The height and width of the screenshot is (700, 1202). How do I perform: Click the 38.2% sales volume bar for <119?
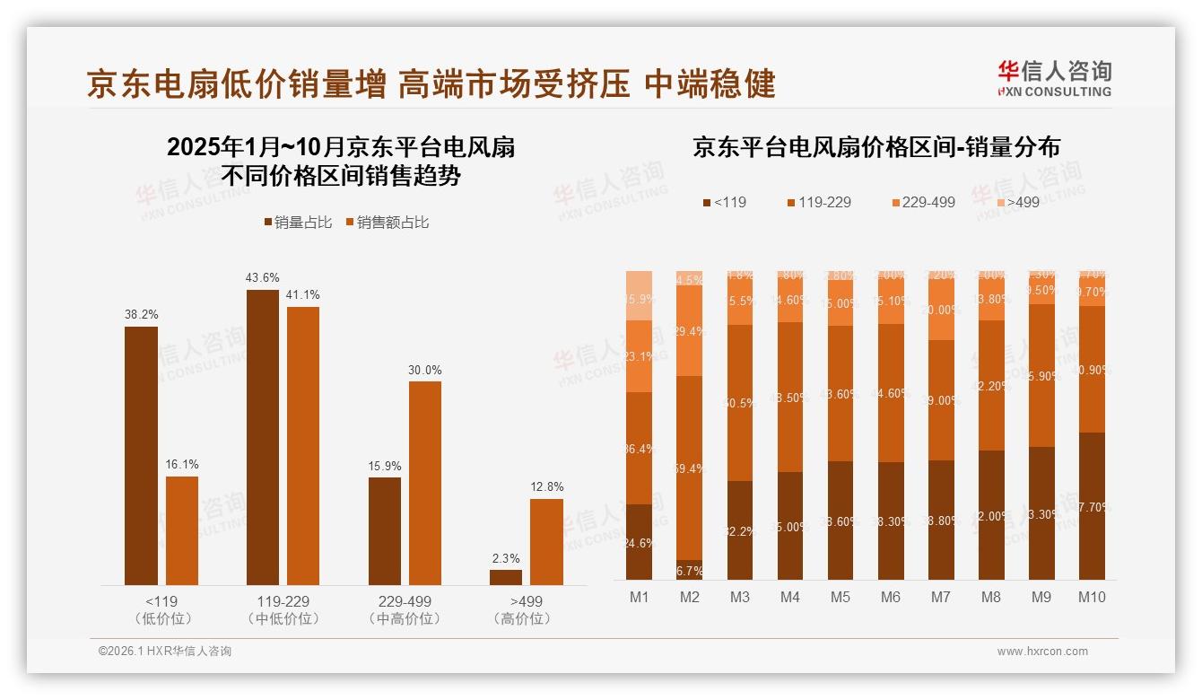[141, 456]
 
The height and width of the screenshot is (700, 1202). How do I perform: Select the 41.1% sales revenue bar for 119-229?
[303, 446]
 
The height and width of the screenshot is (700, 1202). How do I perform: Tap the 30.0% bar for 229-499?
[424, 483]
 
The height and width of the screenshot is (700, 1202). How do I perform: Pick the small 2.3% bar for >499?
[506, 577]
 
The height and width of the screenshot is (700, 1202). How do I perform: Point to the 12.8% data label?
[546, 486]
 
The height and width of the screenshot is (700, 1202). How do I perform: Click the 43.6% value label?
[262, 277]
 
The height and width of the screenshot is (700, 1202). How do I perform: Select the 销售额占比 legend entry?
[387, 223]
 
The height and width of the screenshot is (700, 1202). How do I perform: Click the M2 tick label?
[689, 597]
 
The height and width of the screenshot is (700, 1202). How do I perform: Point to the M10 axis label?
[1092, 597]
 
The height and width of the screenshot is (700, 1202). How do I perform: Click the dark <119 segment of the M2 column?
[689, 570]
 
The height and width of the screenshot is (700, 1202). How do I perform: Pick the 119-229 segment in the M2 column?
[689, 468]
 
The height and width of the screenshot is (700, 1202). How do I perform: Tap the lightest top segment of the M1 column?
[639, 295]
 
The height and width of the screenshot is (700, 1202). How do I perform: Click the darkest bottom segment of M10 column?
[1092, 506]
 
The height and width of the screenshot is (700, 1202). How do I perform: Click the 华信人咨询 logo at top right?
[1054, 78]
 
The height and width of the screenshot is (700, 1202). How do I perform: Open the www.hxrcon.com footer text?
[1042, 652]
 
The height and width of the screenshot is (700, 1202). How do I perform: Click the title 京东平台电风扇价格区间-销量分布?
[875, 148]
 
